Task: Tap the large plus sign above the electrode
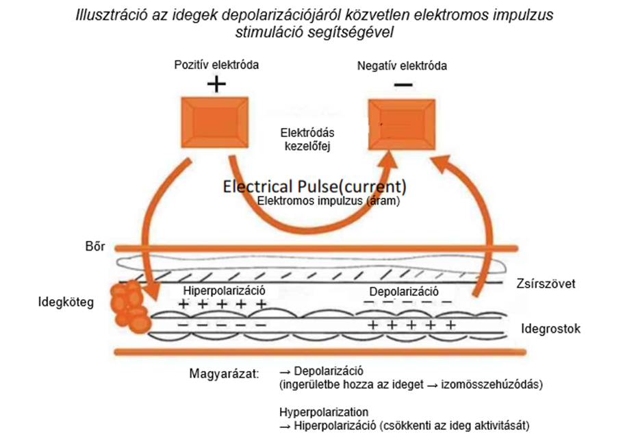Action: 216,84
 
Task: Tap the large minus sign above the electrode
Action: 403,85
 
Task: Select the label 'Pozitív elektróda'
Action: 216,65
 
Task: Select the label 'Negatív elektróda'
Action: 403,66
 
